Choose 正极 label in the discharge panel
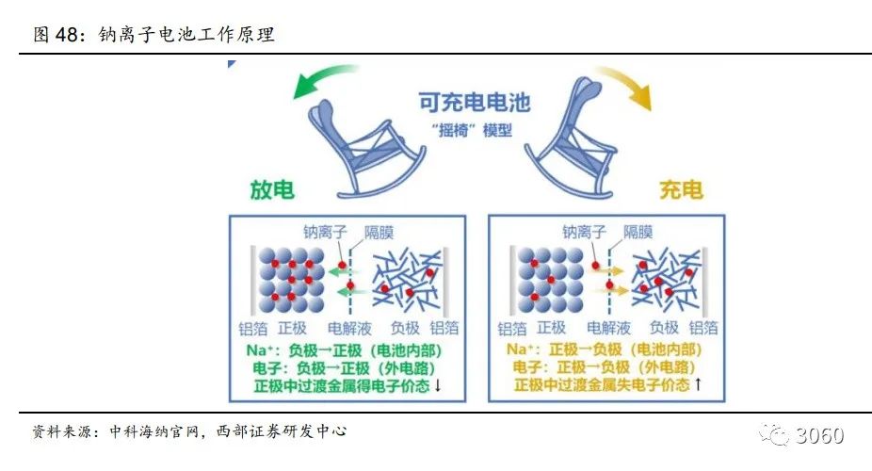293,328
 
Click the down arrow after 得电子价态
438,386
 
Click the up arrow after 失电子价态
698,386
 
